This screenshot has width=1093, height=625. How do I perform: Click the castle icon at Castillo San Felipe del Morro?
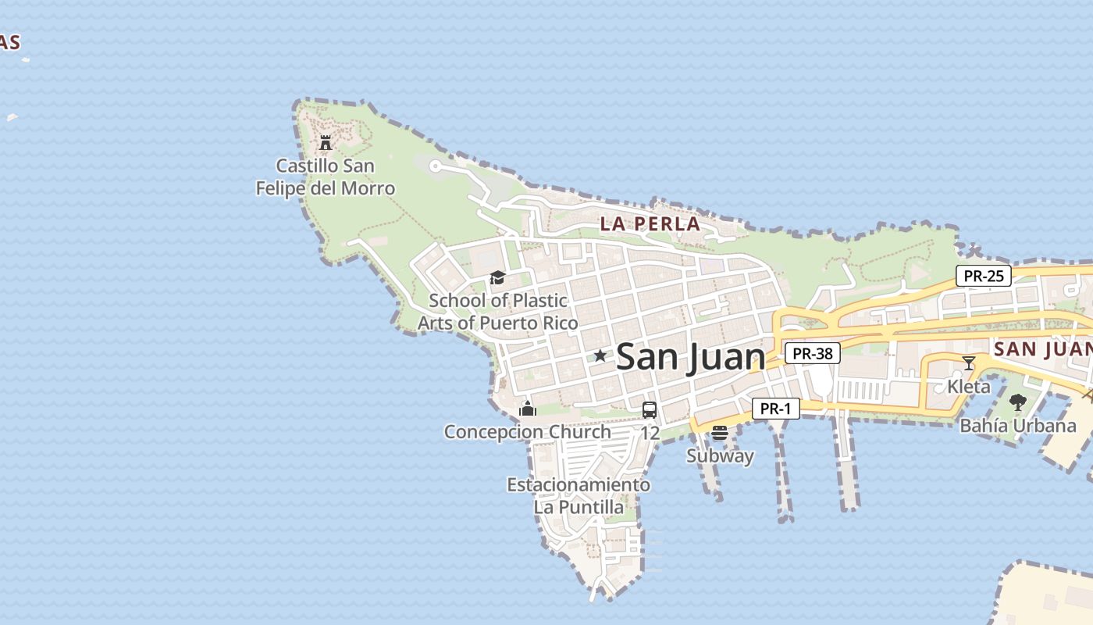[326, 143]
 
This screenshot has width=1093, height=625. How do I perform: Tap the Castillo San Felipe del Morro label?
[326, 177]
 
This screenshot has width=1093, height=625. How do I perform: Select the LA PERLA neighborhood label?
[650, 224]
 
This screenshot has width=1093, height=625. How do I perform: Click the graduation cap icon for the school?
[497, 278]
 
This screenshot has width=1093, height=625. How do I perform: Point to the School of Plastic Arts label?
[498, 312]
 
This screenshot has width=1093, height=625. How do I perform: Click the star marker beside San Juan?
[600, 356]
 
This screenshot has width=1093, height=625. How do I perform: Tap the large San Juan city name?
[690, 358]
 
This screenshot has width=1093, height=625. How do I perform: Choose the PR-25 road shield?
[984, 276]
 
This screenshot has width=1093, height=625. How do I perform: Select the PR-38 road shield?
[812, 354]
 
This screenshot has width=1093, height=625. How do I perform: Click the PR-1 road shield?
[776, 409]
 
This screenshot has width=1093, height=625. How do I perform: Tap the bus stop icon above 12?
[650, 410]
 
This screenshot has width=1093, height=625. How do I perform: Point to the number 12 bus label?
[650, 433]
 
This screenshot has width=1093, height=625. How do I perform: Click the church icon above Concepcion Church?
[528, 409]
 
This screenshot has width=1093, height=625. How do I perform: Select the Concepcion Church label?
[528, 432]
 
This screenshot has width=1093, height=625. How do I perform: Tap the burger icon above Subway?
[720, 433]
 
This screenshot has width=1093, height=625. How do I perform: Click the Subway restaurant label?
[720, 456]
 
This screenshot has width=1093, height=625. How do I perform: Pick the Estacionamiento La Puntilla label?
[579, 496]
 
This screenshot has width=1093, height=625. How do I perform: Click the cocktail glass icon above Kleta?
[969, 363]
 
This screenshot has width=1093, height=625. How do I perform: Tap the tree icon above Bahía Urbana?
[1017, 402]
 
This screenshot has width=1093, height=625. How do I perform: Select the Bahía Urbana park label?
[1017, 426]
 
